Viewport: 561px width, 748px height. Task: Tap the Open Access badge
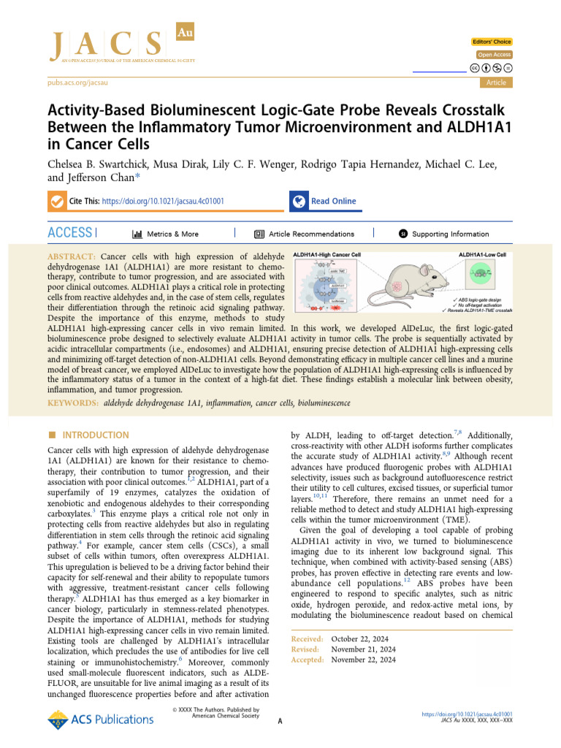tap(495, 55)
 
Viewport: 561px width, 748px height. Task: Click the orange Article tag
tap(496, 83)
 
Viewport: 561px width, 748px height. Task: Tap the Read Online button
tap(333, 201)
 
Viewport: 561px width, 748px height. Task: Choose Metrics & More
tap(165, 234)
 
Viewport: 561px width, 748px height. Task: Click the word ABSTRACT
tap(71, 258)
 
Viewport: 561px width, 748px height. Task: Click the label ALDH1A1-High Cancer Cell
tap(327, 254)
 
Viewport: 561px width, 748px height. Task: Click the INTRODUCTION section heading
tap(95, 435)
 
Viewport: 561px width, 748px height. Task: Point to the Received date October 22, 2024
tap(363, 638)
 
